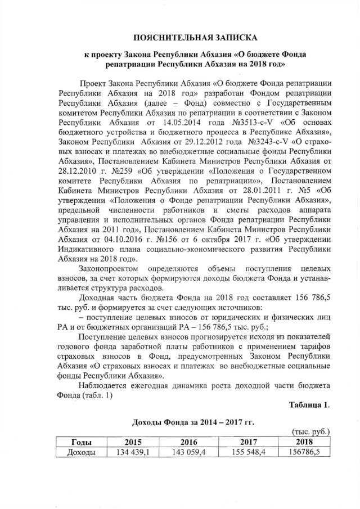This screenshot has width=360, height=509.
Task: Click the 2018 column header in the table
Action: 304,443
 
